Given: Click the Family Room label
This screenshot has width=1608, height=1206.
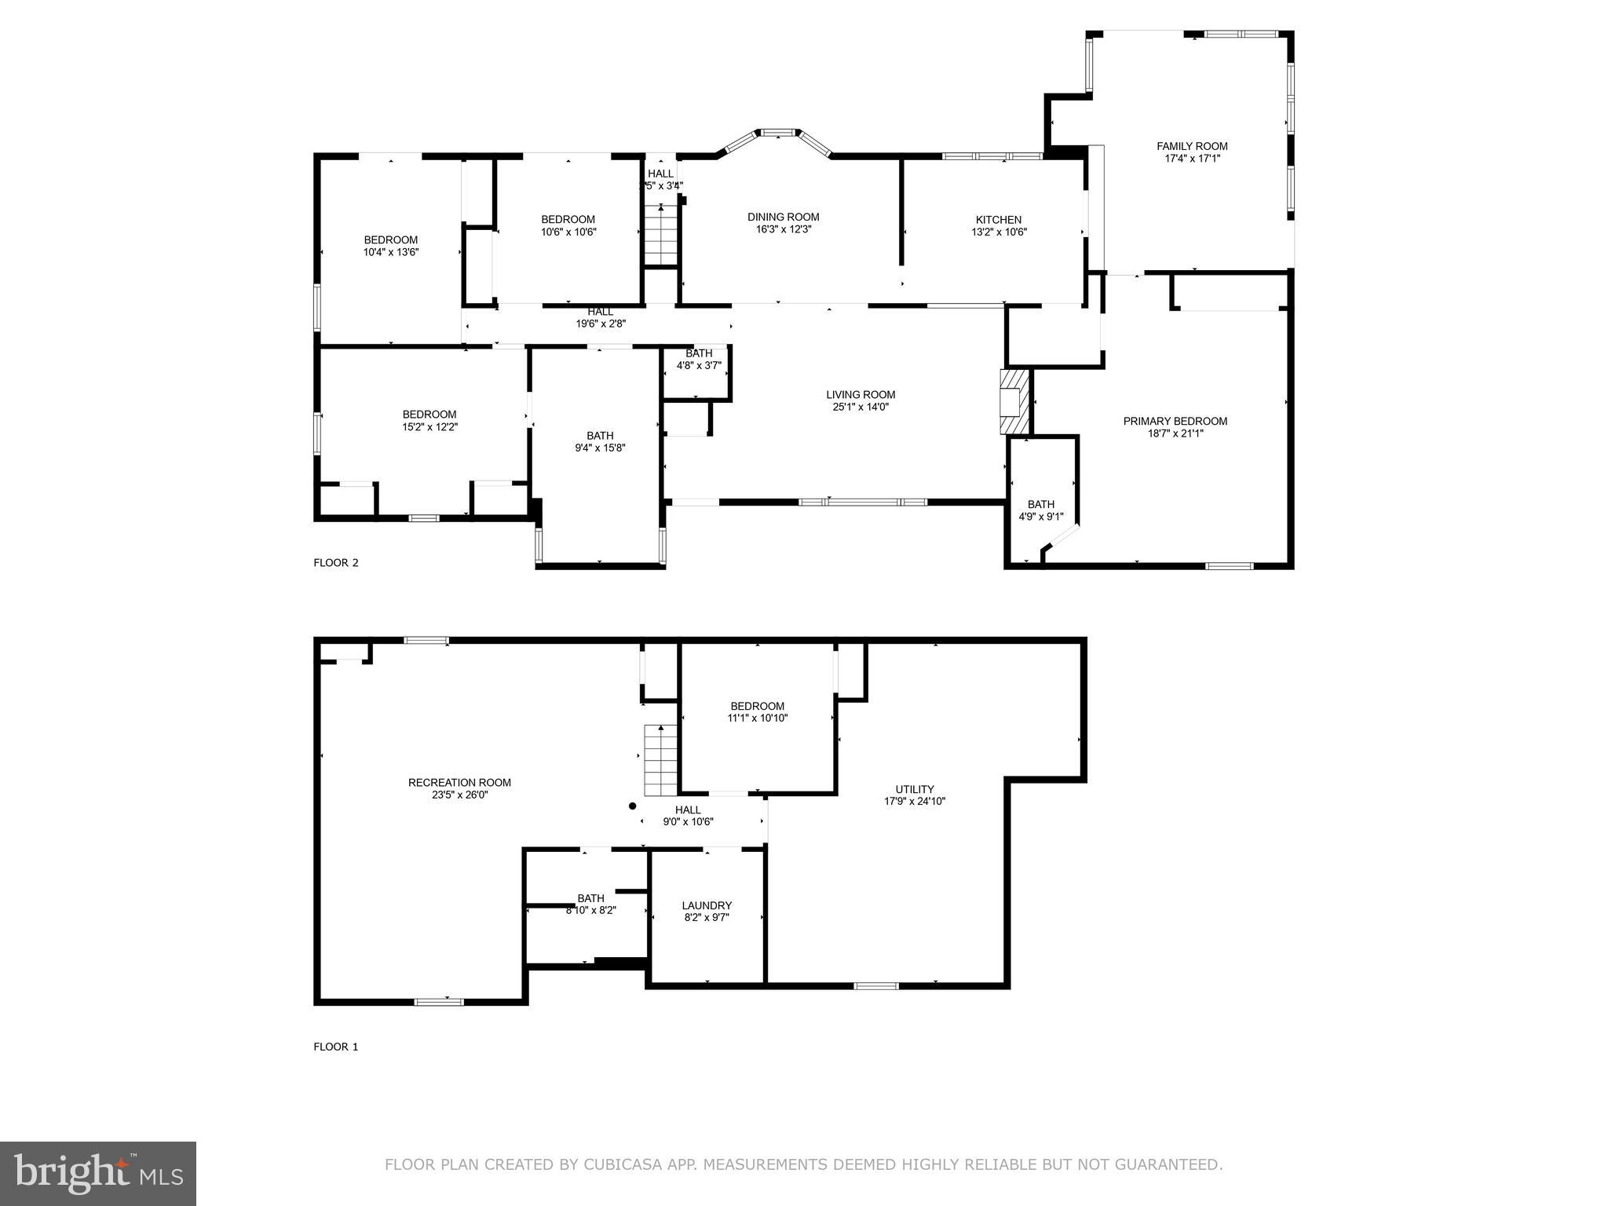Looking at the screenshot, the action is point(1191,146).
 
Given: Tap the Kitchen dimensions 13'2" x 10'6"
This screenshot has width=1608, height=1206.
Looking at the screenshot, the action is point(999,232).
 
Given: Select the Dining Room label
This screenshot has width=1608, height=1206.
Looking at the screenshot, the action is point(783,217).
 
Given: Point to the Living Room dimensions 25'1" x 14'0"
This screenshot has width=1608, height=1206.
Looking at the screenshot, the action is point(861,407).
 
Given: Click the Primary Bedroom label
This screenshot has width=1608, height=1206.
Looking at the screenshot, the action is point(1175,422).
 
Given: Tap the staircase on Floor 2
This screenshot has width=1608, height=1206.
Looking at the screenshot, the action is point(662,235).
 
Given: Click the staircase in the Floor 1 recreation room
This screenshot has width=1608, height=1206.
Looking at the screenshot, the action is point(661,761).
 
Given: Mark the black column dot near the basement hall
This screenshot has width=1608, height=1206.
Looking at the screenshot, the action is point(632,806).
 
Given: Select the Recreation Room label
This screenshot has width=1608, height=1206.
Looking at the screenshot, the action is point(459,783).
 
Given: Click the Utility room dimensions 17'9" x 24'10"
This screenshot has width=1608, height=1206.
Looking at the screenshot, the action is point(915,802).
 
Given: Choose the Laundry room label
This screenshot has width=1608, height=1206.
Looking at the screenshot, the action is point(707,905).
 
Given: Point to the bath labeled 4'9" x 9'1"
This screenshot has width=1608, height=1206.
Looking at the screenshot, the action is point(1041,510).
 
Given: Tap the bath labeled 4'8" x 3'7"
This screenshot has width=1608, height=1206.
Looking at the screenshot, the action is point(699,359).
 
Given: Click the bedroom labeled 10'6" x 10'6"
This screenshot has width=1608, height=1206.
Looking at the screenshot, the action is point(568,225).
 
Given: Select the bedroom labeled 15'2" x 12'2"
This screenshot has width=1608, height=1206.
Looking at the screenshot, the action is point(429,421).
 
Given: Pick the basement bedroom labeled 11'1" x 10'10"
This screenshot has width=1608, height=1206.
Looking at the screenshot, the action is point(757,712).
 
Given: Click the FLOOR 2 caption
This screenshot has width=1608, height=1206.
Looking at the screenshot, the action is point(336,563).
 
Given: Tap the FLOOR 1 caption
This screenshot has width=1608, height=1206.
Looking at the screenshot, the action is point(336,1047).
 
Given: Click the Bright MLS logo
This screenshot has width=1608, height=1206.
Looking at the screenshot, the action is point(98,1174).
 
